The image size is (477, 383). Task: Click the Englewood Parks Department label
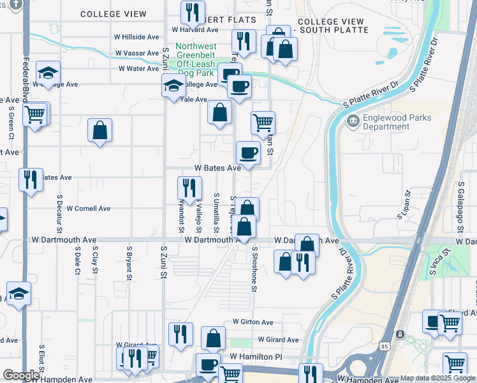coord(397,122)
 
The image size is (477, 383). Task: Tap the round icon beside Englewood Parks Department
coord(352,121)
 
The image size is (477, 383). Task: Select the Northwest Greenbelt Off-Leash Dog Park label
coord(196,60)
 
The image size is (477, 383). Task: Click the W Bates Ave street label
coord(217,168)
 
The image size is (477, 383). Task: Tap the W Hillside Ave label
coord(136,38)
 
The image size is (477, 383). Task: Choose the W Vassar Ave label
coord(137,54)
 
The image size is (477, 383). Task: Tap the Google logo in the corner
coord(21,375)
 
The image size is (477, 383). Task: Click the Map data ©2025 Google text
coord(437,378)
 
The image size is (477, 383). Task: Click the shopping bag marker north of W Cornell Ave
coord(100,131)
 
